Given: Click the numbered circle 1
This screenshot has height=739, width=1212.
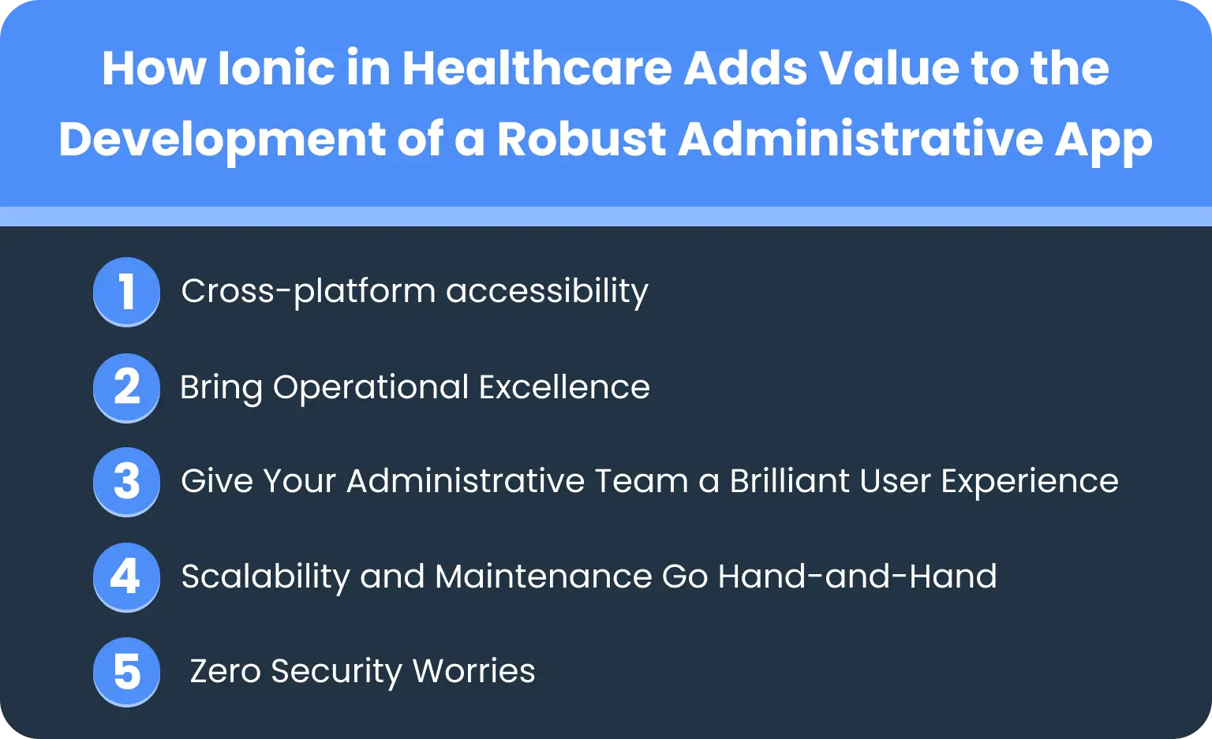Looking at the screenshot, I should click(126, 291).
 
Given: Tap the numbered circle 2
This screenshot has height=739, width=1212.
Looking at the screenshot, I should click(126, 386).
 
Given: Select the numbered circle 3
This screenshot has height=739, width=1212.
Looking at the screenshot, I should click(126, 482).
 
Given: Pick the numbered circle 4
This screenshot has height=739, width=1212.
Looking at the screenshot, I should click(126, 577).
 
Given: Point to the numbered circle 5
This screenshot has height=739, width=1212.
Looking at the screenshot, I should click(126, 672).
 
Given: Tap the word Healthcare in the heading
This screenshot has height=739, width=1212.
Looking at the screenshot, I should click(537, 69).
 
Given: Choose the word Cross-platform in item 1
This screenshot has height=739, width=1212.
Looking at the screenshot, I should click(308, 292).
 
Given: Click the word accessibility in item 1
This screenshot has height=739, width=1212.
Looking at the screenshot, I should click(547, 292).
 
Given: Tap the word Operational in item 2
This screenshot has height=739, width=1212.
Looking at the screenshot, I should click(370, 388).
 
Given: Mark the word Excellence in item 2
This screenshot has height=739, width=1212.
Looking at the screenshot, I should click(564, 387).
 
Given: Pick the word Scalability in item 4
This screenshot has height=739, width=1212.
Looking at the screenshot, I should click(265, 577).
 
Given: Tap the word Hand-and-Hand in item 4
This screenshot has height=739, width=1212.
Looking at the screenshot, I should click(857, 577).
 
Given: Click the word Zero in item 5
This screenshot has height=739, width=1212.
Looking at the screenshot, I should click(225, 672).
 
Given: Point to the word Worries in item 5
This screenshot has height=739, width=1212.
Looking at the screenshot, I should click(473, 672).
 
